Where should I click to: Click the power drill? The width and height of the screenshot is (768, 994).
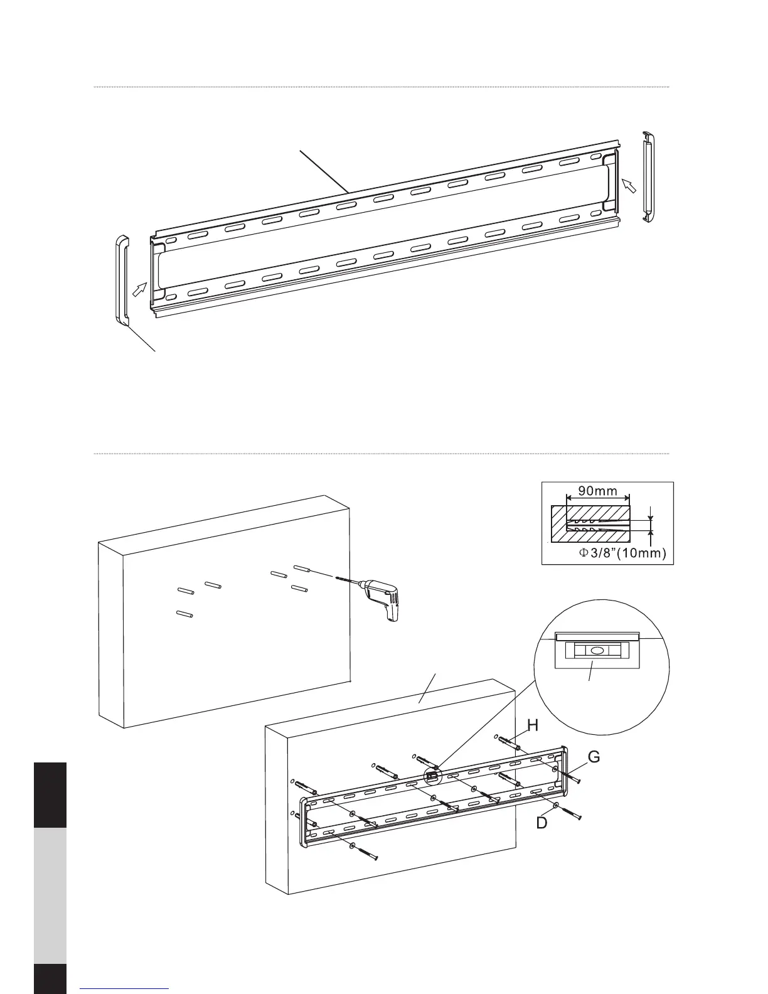pyautogui.click(x=380, y=596)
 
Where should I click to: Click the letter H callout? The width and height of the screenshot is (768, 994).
pyautogui.click(x=533, y=725)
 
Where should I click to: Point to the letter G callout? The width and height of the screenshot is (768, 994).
pyautogui.click(x=593, y=757)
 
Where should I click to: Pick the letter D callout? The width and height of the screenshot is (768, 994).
pyautogui.click(x=541, y=823)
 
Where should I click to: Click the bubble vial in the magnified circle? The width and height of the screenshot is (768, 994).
pyautogui.click(x=597, y=651)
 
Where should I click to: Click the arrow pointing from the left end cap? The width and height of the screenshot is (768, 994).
pyautogui.click(x=140, y=289)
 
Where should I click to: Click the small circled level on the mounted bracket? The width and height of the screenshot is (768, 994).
pyautogui.click(x=432, y=776)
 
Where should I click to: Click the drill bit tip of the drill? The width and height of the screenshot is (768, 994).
pyautogui.click(x=339, y=578)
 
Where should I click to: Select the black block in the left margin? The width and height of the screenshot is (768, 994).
pyautogui.click(x=50, y=794)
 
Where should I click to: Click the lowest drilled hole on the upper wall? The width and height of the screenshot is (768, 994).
pyautogui.click(x=184, y=614)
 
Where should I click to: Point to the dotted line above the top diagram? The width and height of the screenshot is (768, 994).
pyautogui.click(x=381, y=87)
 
